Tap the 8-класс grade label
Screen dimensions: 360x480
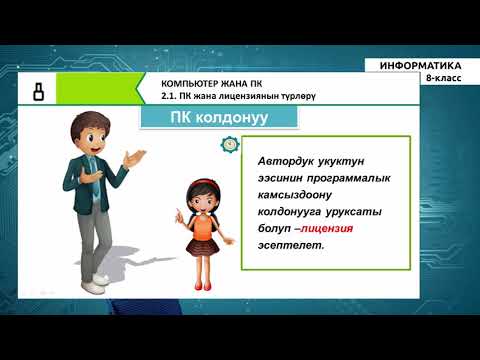(443, 78)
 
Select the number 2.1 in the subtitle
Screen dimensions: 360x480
(170, 96)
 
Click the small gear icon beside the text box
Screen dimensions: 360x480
(231, 145)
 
